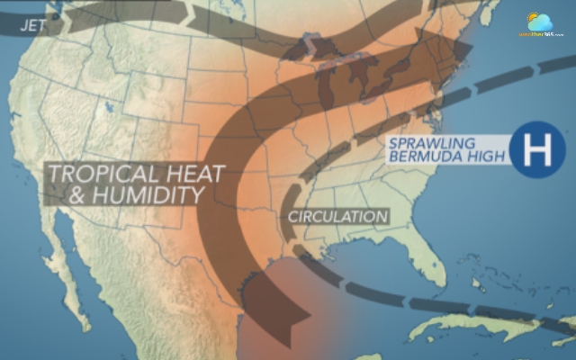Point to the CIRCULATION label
pyautogui.click(x=337, y=216)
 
